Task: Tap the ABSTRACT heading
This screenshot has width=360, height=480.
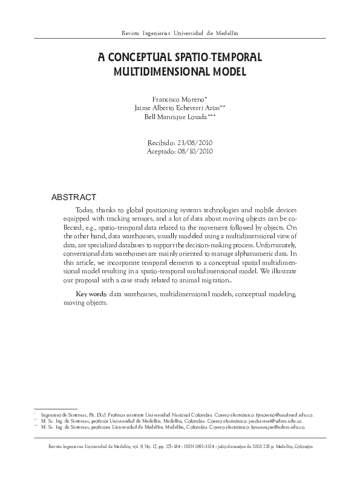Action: point(74,197)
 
